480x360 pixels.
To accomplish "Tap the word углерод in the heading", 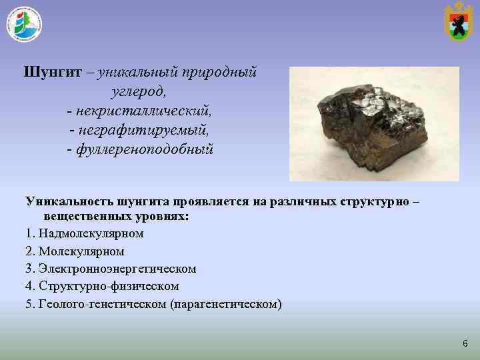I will (x=139, y=90).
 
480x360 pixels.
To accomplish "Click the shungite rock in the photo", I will (x=373, y=127).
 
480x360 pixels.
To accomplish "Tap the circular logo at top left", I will (x=24, y=25).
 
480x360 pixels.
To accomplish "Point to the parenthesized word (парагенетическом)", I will (x=226, y=304).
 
